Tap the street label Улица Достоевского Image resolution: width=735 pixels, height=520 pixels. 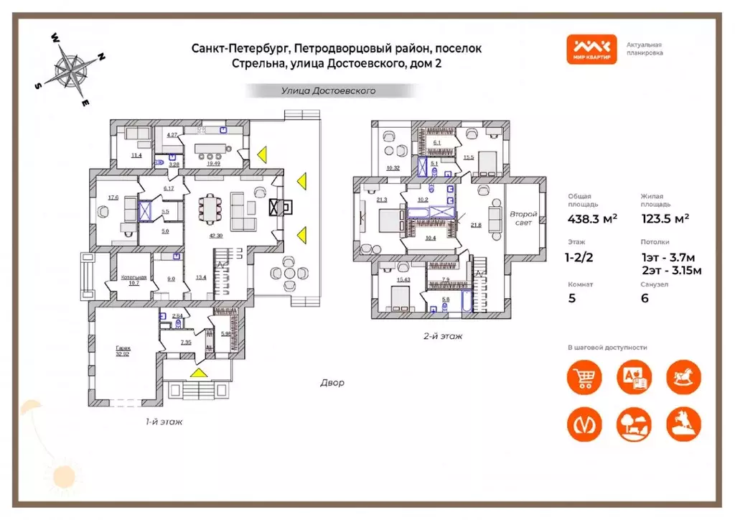pyautogui.click(x=329, y=91)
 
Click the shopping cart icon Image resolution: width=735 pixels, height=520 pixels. pyautogui.click(x=584, y=377)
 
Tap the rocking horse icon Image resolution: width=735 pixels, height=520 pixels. pyautogui.click(x=683, y=377)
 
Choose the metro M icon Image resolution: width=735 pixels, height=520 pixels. pyautogui.click(x=584, y=424)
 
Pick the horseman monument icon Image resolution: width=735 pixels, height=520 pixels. pyautogui.click(x=683, y=424)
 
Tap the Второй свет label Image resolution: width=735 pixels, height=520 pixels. pyautogui.click(x=524, y=218)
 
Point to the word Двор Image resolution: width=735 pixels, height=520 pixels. pyautogui.click(x=332, y=383)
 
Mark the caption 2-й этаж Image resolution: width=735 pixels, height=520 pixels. pyautogui.click(x=443, y=335)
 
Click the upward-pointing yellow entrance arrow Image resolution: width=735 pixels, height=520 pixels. pyautogui.click(x=199, y=372)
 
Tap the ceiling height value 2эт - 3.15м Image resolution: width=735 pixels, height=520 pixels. pyautogui.click(x=670, y=270)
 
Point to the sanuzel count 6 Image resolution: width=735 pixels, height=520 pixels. pyautogui.click(x=645, y=298)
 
